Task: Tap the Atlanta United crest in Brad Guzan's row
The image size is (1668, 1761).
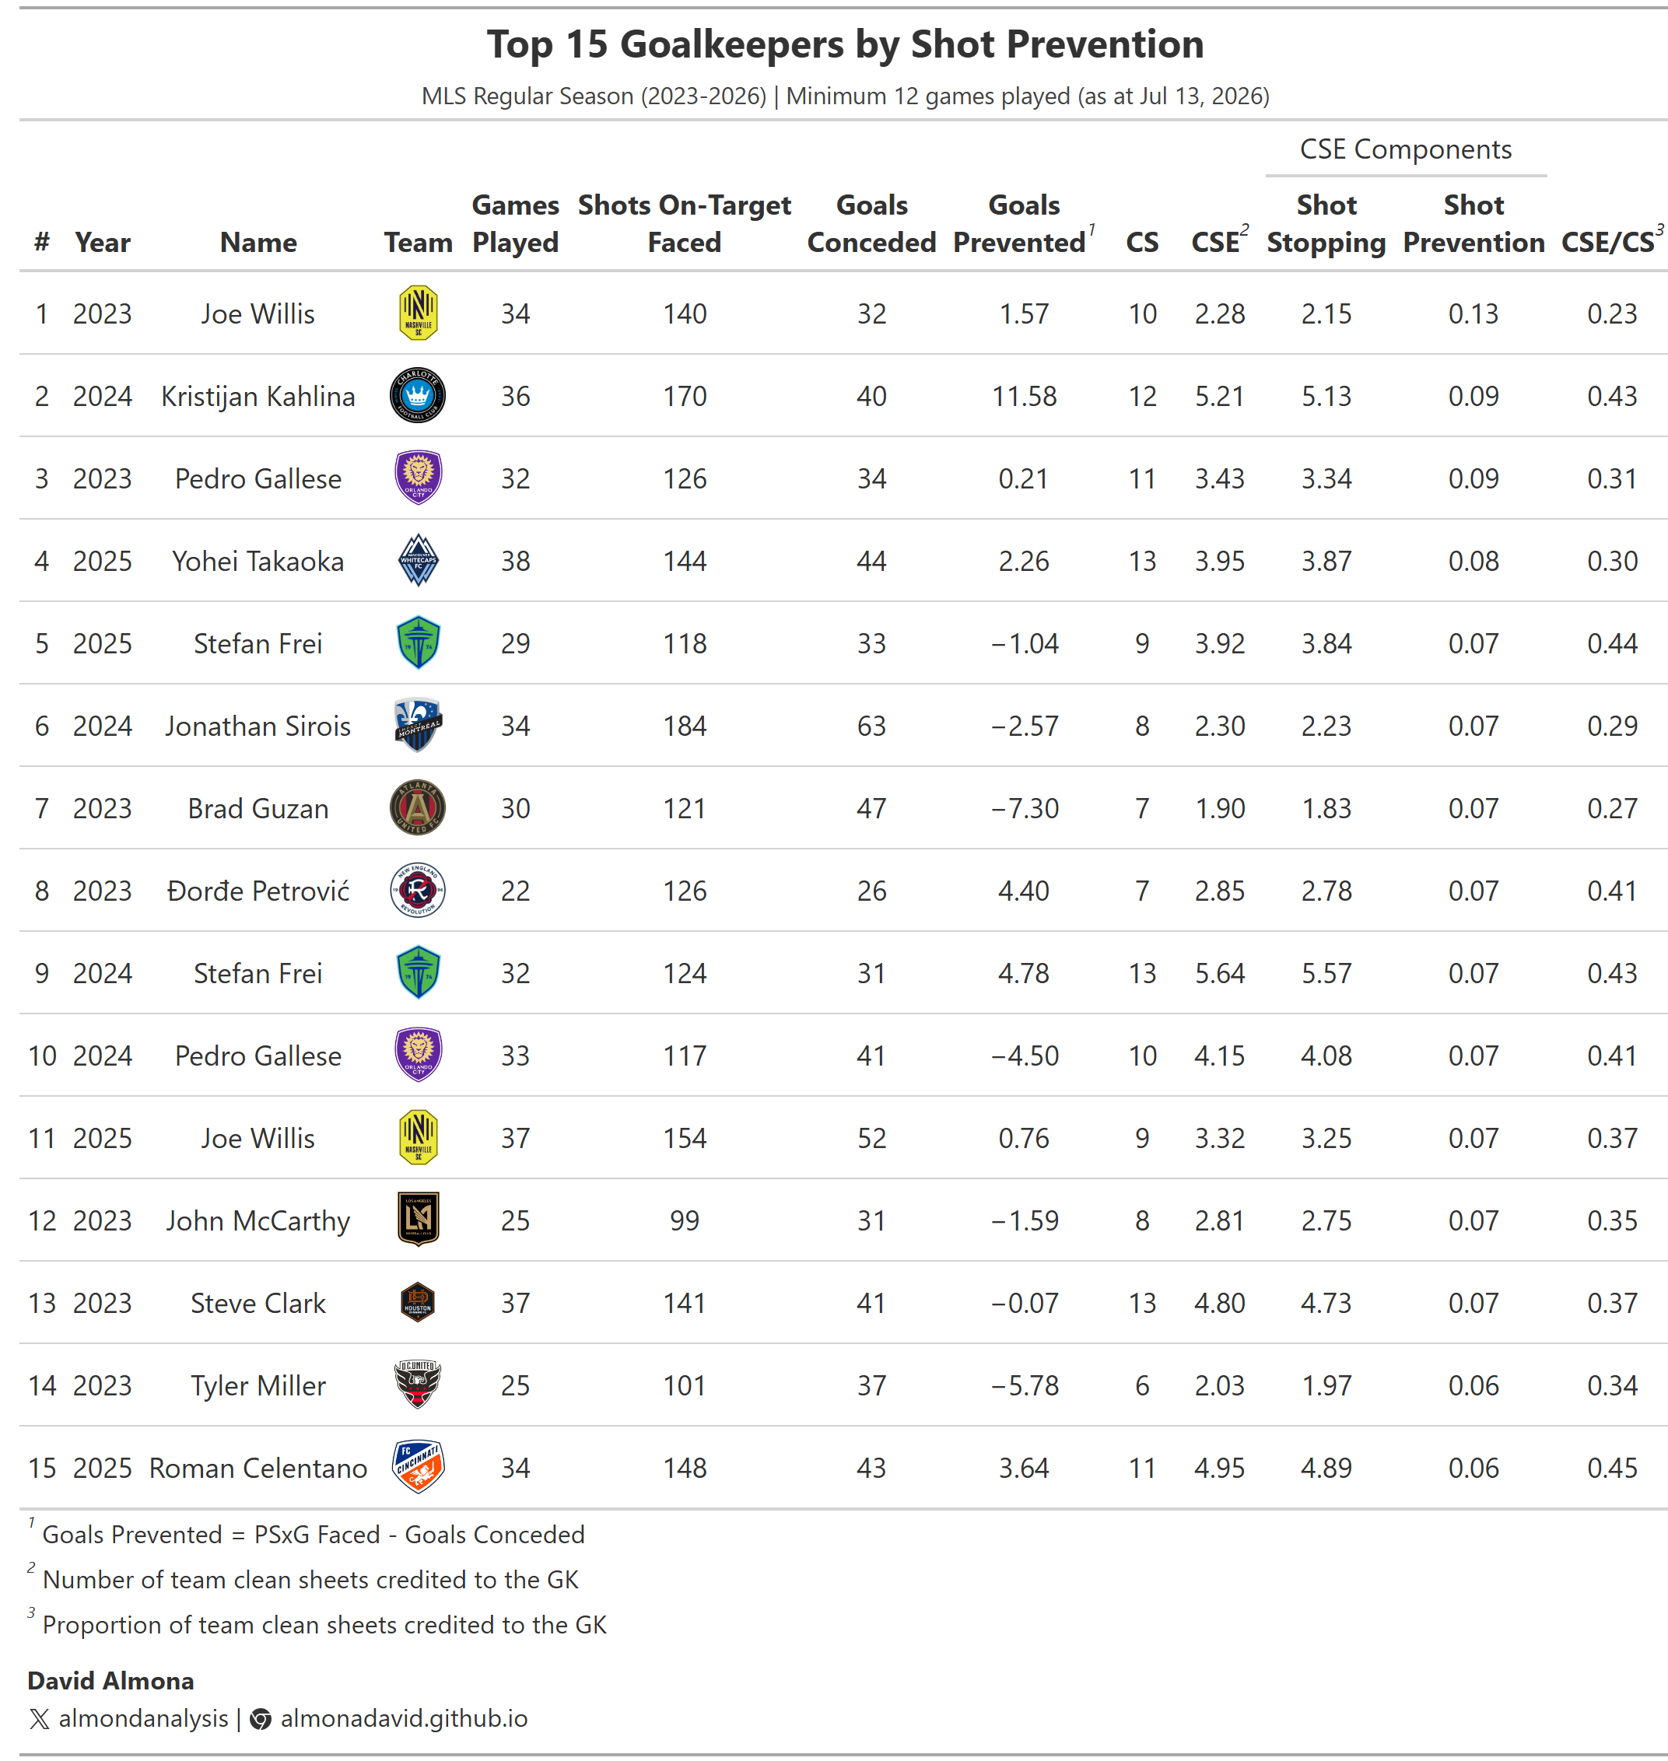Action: pyautogui.click(x=417, y=807)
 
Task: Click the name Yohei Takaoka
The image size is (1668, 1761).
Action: pyautogui.click(x=258, y=561)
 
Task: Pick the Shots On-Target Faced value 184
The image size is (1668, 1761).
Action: pyautogui.click(x=685, y=726)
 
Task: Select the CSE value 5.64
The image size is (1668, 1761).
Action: pyautogui.click(x=1219, y=973)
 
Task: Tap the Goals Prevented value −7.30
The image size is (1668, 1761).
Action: pyautogui.click(x=1025, y=808)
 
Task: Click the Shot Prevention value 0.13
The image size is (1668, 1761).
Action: pyautogui.click(x=1474, y=313)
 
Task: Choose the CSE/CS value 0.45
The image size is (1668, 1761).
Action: pyautogui.click(x=1612, y=1468)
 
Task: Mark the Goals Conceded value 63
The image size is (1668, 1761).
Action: pyautogui.click(x=871, y=726)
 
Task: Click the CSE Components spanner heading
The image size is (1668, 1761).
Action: pyautogui.click(x=1406, y=149)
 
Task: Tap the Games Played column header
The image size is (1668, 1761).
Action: pyautogui.click(x=515, y=223)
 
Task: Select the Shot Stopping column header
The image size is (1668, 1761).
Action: pyautogui.click(x=1326, y=223)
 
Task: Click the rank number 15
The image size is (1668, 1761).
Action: pyautogui.click(x=42, y=1468)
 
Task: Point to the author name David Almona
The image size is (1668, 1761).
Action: pyautogui.click(x=110, y=1680)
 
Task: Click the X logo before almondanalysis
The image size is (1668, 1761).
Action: pyautogui.click(x=39, y=1718)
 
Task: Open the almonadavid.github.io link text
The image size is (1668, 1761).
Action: pyautogui.click(x=404, y=1718)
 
